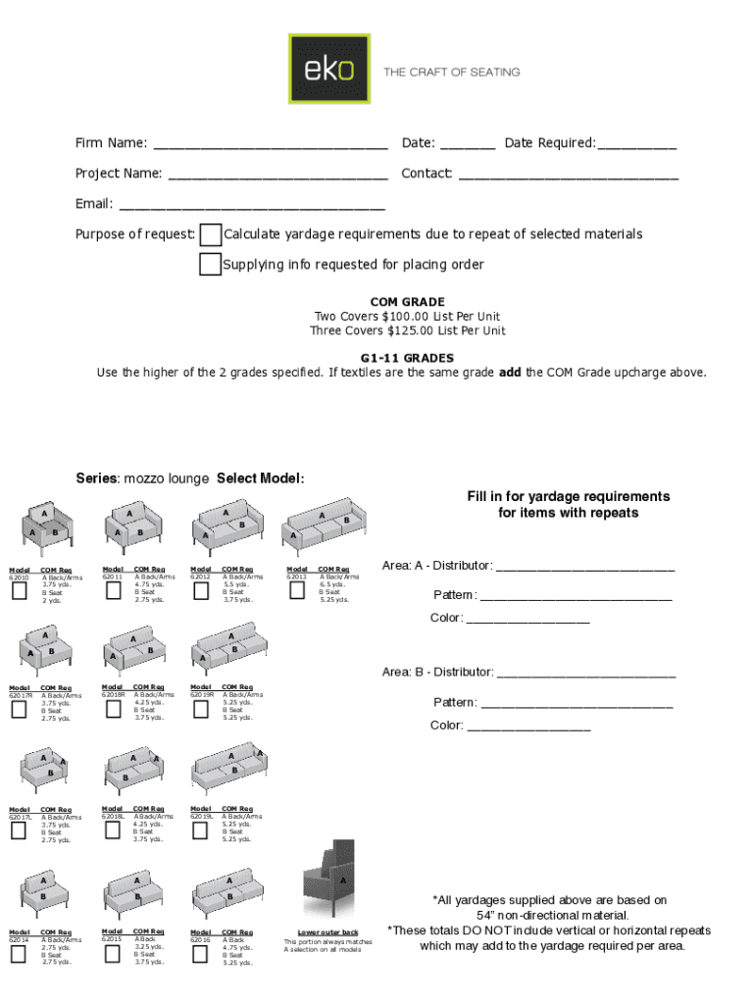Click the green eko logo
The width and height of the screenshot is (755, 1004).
[x=328, y=69]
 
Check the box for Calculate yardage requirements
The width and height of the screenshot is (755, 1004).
[x=210, y=235]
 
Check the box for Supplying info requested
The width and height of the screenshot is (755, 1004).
[x=210, y=265]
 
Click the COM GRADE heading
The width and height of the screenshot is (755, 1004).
[x=407, y=302]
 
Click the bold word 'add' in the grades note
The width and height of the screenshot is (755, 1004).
[x=510, y=373]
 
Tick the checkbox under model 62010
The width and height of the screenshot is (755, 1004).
[x=19, y=590]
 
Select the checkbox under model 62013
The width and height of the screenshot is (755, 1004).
[x=297, y=590]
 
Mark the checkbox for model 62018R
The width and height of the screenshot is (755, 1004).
[x=112, y=709]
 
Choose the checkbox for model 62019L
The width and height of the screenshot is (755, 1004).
[x=200, y=830]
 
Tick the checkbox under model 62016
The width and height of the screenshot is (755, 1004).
[x=200, y=952]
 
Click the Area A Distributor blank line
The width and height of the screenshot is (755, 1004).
[x=585, y=568]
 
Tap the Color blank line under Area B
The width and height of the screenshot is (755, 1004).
[x=528, y=728]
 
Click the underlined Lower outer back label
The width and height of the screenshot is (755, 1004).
[x=327, y=932]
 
